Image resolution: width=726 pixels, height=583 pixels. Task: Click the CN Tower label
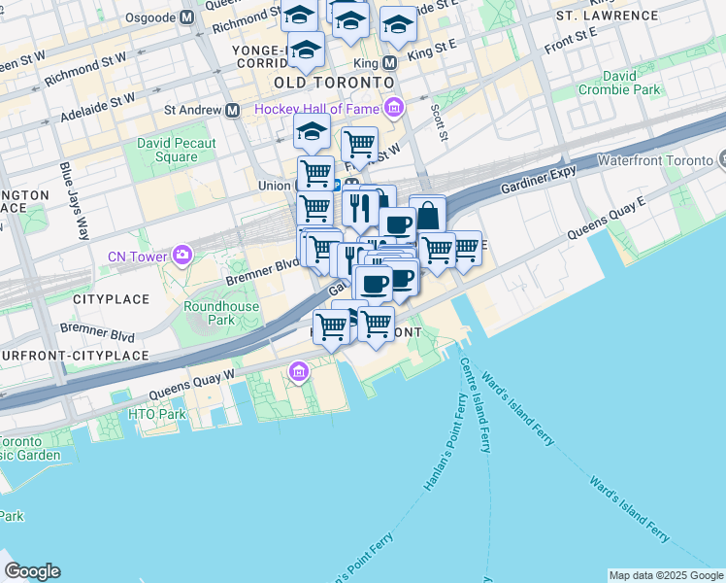(137, 256)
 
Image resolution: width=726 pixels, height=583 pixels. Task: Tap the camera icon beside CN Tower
(181, 256)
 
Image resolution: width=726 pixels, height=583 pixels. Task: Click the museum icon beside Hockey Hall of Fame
(393, 107)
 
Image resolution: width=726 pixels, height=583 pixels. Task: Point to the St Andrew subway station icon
(232, 111)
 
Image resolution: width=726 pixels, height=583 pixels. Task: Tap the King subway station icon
(390, 63)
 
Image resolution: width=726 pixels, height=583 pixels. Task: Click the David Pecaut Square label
(176, 150)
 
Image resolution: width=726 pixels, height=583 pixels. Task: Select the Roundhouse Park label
(221, 313)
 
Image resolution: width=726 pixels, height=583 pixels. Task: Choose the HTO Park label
(156, 414)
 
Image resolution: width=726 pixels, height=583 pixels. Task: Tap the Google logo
(32, 571)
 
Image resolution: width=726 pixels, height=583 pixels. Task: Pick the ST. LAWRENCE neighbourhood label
(608, 17)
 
